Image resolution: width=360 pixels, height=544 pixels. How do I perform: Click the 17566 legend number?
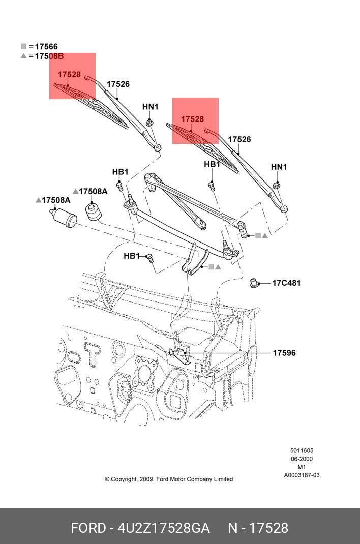point(46,47)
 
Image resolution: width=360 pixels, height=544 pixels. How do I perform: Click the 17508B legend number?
point(49,56)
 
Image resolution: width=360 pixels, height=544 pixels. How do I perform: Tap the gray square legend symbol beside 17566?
point(23,46)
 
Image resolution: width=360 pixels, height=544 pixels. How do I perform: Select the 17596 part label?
point(284,353)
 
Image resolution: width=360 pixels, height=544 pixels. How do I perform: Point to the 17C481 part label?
point(286,283)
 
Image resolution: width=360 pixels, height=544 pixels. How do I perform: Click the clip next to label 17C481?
point(255,283)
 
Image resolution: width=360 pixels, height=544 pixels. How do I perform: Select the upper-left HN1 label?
point(150,107)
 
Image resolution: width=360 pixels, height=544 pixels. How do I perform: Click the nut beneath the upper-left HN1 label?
point(149,123)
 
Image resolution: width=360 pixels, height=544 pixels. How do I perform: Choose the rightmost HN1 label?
point(279,167)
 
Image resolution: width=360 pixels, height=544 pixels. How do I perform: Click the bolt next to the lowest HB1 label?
point(149,258)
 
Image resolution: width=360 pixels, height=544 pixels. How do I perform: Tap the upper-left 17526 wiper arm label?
point(118,84)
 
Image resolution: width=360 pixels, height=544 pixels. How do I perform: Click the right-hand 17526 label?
point(239,139)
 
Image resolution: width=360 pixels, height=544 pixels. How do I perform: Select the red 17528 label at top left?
point(69,75)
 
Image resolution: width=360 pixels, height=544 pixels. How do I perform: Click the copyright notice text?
point(169,479)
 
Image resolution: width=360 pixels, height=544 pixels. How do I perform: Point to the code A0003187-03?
point(302,475)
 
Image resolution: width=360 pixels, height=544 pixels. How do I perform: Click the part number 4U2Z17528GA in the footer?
point(164,528)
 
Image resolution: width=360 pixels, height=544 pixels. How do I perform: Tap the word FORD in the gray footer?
point(87,528)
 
